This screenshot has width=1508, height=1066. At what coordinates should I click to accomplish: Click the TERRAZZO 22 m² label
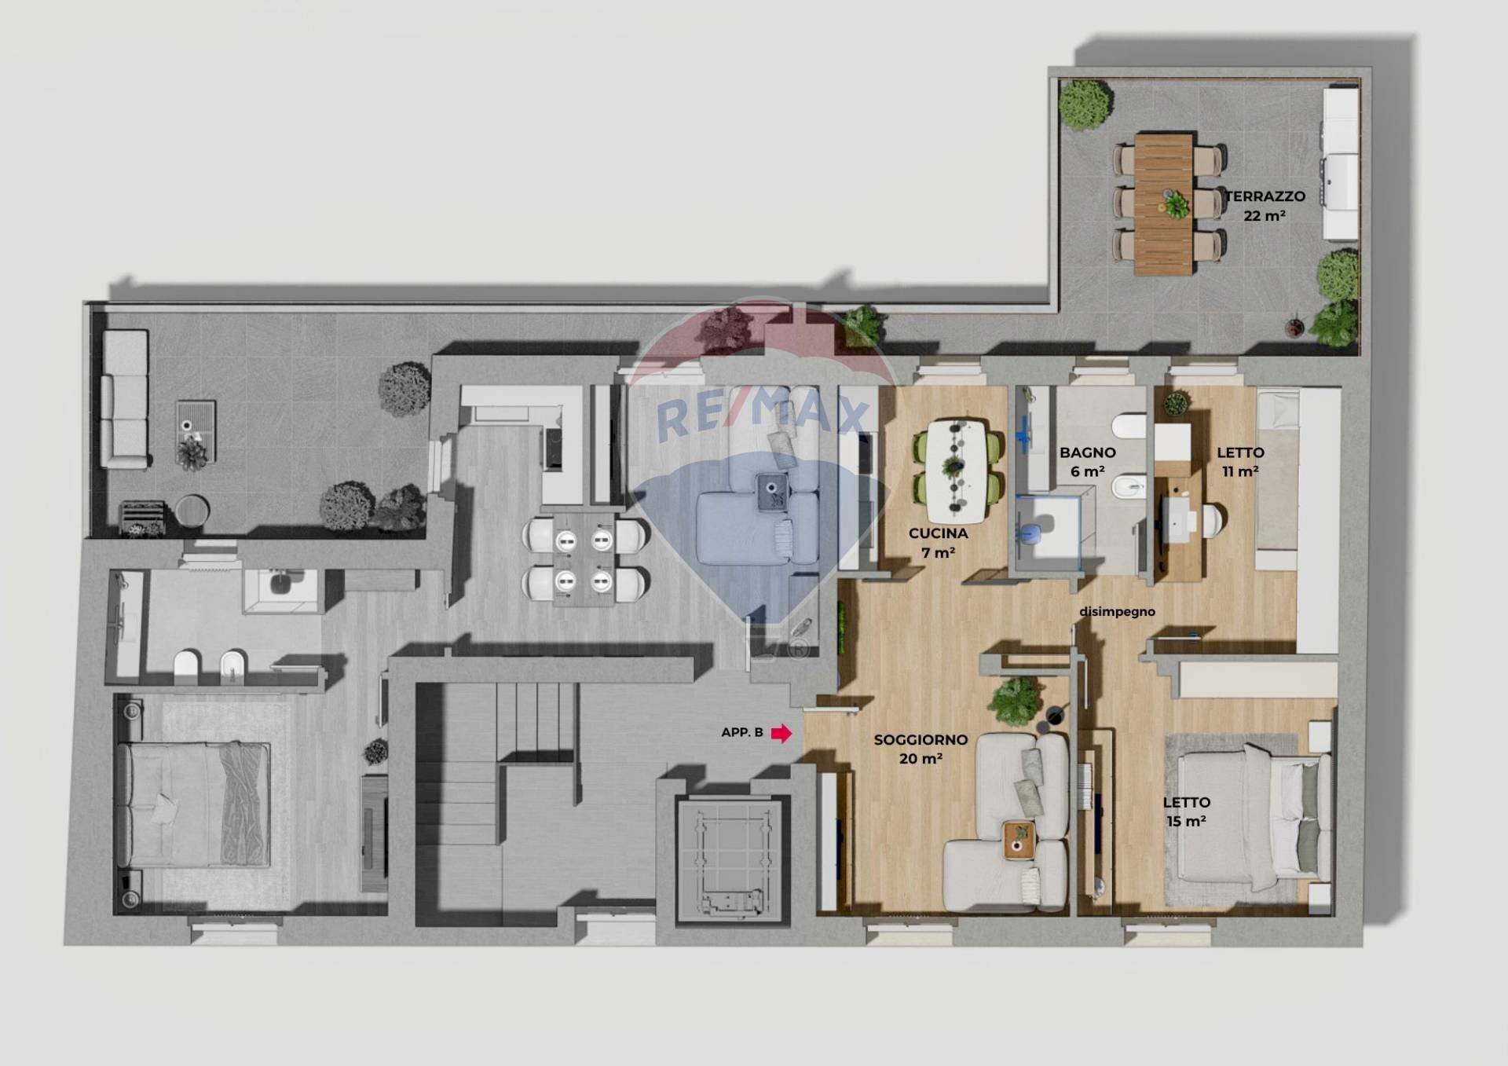[1265, 206]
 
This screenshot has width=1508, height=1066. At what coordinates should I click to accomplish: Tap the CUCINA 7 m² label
[938, 543]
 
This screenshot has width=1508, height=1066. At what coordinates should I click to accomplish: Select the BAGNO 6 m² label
[1088, 462]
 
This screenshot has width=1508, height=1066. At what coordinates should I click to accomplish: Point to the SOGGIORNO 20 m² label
[921, 749]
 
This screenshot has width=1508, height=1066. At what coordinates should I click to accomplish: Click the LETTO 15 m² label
[1186, 811]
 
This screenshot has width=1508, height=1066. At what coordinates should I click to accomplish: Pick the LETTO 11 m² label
[1240, 462]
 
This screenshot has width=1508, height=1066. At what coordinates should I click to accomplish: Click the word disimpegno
[1117, 611]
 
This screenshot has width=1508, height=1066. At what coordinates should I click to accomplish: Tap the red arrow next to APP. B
[781, 733]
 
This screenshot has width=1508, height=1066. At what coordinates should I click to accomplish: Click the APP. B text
[742, 732]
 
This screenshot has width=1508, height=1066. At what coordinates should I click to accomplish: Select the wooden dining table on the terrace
[1164, 204]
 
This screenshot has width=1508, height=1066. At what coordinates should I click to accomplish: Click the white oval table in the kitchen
[956, 471]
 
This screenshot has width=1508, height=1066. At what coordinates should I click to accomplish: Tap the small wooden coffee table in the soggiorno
[1019, 841]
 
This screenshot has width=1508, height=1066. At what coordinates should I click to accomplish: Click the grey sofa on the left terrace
[125, 399]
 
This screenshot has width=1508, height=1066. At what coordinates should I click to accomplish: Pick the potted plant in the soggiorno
[1017, 700]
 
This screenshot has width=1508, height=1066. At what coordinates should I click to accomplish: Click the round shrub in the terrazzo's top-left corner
[1086, 104]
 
